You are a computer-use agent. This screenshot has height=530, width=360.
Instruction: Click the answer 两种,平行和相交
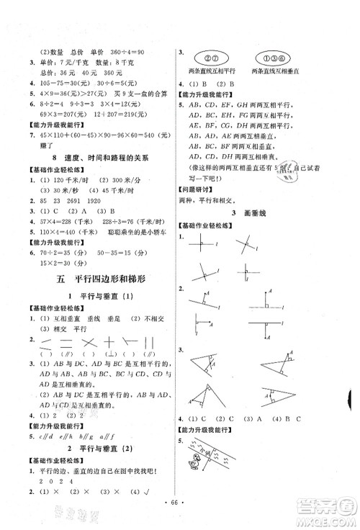pos(215,202)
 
